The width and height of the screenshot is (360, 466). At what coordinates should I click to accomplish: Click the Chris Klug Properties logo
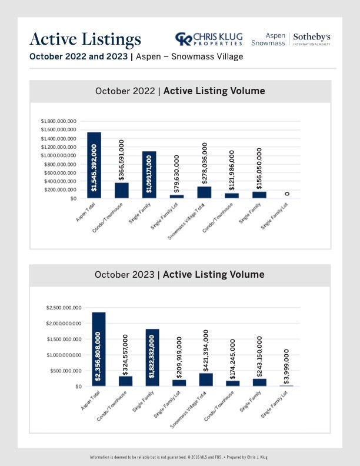point(209,39)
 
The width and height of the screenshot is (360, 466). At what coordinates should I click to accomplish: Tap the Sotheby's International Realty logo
point(312,39)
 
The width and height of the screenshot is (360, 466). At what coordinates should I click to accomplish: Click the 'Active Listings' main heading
point(85,40)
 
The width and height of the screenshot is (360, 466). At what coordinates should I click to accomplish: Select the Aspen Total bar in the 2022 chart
point(94,165)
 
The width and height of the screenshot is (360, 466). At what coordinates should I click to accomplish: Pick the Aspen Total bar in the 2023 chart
point(99,349)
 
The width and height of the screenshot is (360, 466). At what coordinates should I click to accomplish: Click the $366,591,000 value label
point(121,160)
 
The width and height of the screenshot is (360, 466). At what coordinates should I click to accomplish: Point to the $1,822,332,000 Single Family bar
point(152,358)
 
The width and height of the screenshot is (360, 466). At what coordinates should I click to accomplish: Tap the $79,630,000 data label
point(176,174)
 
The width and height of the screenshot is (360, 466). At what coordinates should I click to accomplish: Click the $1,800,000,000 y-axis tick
point(58,121)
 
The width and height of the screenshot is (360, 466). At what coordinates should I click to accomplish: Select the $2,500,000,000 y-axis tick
point(64,308)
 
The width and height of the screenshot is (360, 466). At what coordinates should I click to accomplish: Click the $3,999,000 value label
point(286,367)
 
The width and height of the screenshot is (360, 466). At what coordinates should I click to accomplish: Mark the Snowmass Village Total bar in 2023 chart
point(206,380)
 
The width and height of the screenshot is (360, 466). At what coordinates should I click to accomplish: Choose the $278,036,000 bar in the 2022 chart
point(204,192)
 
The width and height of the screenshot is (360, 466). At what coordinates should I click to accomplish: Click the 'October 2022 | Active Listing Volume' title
point(180,91)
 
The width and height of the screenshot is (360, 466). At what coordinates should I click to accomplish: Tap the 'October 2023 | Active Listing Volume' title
point(179,274)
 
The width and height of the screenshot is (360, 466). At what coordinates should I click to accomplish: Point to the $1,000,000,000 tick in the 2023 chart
point(64,355)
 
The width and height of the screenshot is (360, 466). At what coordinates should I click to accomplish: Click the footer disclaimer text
point(178,457)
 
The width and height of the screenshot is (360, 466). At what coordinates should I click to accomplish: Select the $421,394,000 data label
point(205,351)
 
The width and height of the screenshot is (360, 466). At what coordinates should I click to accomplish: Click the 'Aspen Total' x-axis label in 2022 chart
point(85,212)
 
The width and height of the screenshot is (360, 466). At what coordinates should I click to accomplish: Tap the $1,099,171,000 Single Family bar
point(149,175)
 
